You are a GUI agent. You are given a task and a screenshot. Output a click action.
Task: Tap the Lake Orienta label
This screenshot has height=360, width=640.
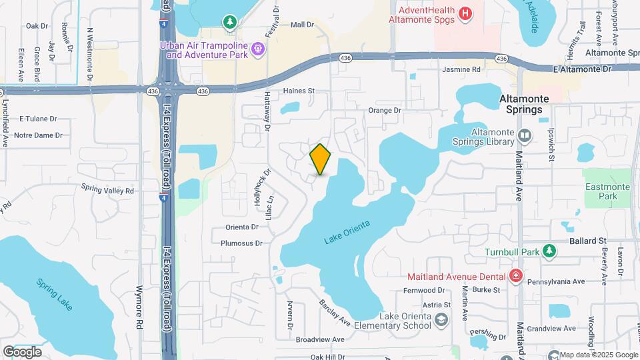tap(347, 230)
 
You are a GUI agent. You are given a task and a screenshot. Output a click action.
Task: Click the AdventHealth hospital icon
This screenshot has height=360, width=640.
tap(466, 12)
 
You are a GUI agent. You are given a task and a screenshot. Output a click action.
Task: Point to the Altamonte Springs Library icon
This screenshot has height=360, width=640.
tap(525, 136)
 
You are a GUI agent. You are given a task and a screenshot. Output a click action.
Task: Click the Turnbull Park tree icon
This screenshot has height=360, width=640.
tap(549, 251)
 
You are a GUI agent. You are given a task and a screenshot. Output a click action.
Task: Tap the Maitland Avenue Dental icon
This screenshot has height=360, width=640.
tap(515, 275)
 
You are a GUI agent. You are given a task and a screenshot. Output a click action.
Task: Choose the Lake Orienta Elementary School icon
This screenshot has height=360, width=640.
tap(441, 321)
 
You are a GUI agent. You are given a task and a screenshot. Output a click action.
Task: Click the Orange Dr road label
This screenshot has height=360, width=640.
tap(385, 110)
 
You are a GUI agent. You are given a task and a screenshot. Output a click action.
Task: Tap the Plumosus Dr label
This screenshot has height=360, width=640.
tap(241, 243)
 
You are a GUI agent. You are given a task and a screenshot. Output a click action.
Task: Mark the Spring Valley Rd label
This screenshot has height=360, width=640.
tap(108, 190)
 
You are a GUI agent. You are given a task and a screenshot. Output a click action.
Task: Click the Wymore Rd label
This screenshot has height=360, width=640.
tap(140, 325)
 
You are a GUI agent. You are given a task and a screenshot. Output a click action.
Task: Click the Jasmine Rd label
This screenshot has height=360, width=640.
tap(461, 69)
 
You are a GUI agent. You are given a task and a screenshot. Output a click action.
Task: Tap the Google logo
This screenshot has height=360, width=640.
tap(22, 351)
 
